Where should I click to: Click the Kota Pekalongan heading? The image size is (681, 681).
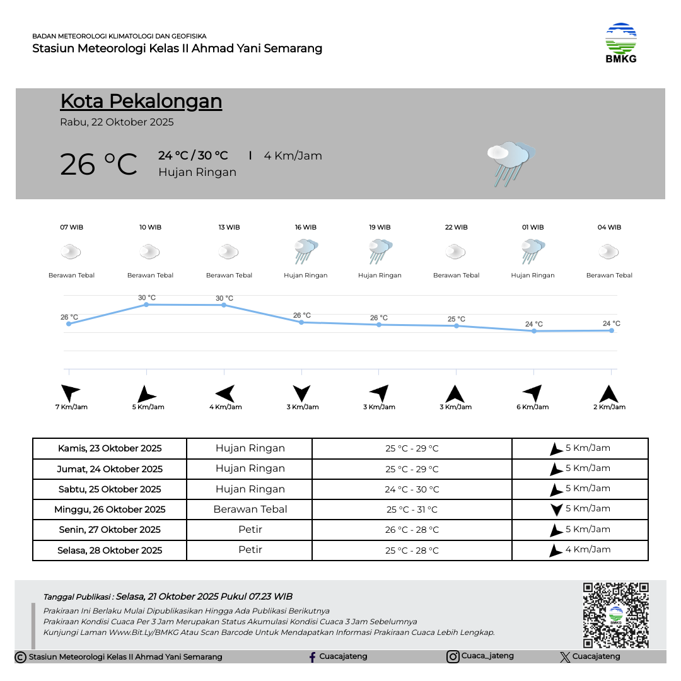coord(141,101)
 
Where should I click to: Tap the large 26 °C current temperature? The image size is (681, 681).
coord(98,164)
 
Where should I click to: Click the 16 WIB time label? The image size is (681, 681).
coord(306,227)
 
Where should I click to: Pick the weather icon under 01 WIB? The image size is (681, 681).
coord(533,252)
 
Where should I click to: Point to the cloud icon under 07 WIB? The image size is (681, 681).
coord(71,252)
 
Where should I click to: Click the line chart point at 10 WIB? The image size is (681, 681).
coord(146,305)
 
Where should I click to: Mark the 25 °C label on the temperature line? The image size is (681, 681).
coord(457,319)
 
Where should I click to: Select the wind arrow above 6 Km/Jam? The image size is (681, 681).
coord(533,393)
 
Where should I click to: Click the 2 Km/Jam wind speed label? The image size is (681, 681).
coord(610,407)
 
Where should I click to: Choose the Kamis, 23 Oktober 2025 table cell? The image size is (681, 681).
coord(110,448)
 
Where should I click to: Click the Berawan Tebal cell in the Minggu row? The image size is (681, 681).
coord(250,509)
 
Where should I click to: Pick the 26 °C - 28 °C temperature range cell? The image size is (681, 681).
coord(412,530)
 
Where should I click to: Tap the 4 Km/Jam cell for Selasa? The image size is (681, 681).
coord(580,550)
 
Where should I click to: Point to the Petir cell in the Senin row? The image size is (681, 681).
coord(250,529)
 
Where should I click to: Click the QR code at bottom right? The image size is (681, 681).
coord(615,615)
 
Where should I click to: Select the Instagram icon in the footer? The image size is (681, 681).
coord(453,656)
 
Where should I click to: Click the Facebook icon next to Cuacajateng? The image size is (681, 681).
coord(312,657)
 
